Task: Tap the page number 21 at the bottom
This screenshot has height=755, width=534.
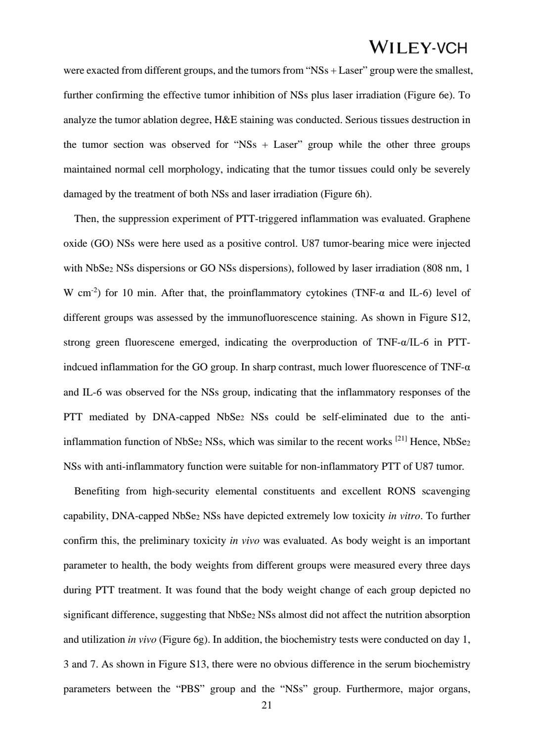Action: click(x=267, y=706)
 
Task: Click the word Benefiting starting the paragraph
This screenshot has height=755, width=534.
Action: click(x=97, y=491)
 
